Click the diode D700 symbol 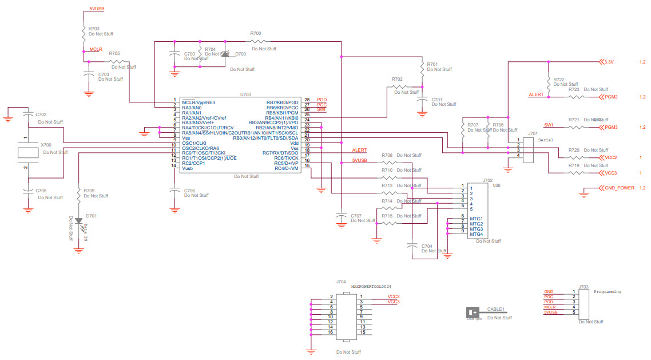pyautogui.click(x=225, y=54)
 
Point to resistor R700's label pyautogui.click(x=256, y=34)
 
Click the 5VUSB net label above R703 pyautogui.click(x=97, y=10)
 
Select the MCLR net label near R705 pyautogui.click(x=96, y=50)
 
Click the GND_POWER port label pyautogui.click(x=619, y=188)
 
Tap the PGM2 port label pyautogui.click(x=611, y=97)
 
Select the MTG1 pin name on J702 pyautogui.click(x=476, y=219)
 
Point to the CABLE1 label pyautogui.click(x=496, y=309)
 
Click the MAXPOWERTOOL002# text pyautogui.click(x=371, y=286)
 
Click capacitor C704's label pyautogui.click(x=427, y=246)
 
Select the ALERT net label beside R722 pyautogui.click(x=536, y=94)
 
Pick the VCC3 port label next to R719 pyautogui.click(x=610, y=172)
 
